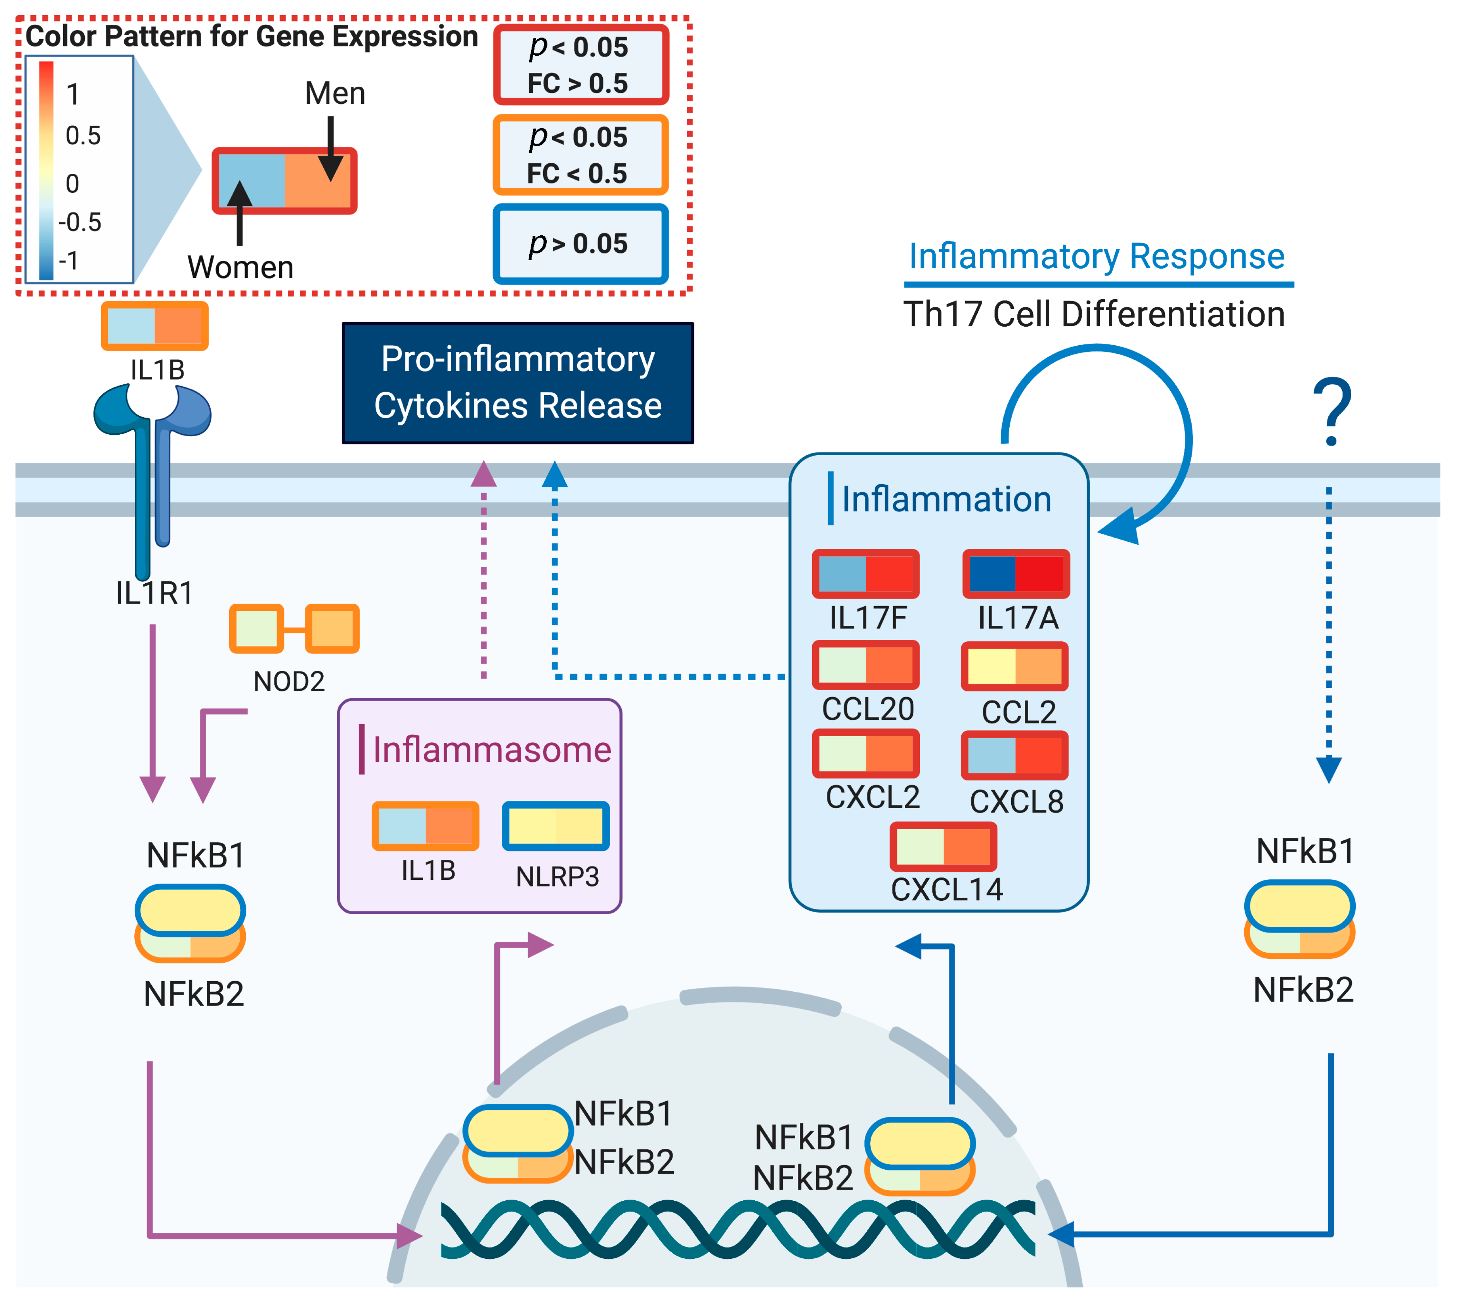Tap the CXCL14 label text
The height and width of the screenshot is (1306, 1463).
point(947,890)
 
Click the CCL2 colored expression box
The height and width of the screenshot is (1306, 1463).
point(1014,667)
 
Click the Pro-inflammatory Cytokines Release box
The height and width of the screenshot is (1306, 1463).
point(517,382)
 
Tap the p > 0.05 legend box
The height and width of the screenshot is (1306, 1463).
point(580,244)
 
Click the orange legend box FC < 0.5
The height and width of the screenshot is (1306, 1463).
point(580,155)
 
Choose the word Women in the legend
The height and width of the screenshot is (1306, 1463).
point(240,267)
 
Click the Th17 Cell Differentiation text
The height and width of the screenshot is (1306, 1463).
point(1094,314)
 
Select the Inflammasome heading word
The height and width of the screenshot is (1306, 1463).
point(492,750)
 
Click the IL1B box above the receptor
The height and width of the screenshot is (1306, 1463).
point(154,326)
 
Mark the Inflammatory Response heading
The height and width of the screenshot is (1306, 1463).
point(1096,256)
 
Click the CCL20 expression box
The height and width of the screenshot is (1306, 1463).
point(865,665)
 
